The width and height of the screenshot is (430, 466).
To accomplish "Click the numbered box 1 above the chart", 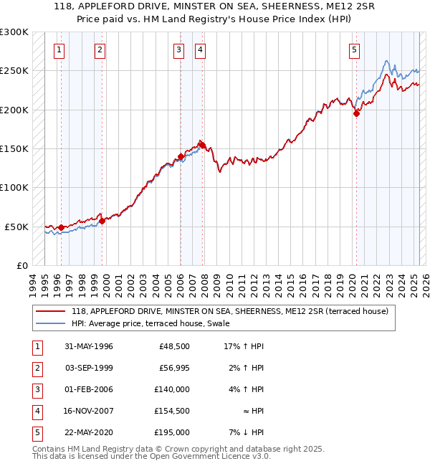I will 57,49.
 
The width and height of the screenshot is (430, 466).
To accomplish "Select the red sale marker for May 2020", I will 356,113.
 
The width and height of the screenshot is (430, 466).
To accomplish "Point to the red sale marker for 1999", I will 102,221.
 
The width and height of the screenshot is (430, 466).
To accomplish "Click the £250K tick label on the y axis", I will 14,71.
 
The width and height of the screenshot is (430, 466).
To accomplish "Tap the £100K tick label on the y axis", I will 14,187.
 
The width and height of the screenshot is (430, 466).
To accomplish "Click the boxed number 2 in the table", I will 36,368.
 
